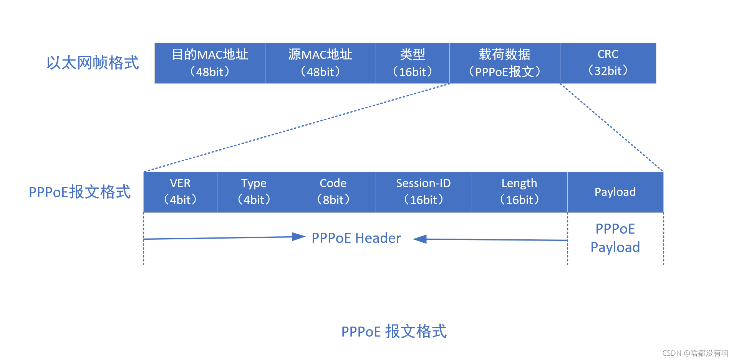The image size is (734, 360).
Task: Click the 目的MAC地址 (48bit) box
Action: pyautogui.click(x=210, y=63)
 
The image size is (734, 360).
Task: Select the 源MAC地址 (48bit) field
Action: pyautogui.click(x=320, y=63)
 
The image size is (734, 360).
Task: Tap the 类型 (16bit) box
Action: pyautogui.click(x=413, y=63)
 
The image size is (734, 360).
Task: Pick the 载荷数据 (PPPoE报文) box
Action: pyautogui.click(x=505, y=63)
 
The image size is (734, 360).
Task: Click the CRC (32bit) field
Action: pyautogui.click(x=608, y=63)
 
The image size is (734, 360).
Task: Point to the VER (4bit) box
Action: pyautogui.click(x=180, y=192)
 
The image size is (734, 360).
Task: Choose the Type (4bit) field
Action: pyautogui.click(x=254, y=192)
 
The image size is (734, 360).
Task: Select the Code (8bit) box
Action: pyautogui.click(x=333, y=192)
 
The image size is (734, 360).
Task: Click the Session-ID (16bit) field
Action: pyautogui.click(x=423, y=192)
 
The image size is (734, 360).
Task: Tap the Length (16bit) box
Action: pyautogui.click(x=519, y=192)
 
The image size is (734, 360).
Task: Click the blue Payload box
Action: pyautogui.click(x=615, y=192)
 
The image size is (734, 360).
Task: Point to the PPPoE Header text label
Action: pyautogui.click(x=356, y=238)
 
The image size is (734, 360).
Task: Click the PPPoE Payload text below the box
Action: pyautogui.click(x=615, y=238)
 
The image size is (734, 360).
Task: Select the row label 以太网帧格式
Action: pyautogui.click(x=93, y=63)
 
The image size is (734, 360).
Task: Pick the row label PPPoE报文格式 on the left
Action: pyautogui.click(x=80, y=192)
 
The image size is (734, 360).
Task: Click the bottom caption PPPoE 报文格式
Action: pyautogui.click(x=394, y=331)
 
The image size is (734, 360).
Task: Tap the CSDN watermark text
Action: pyautogui.click(x=695, y=353)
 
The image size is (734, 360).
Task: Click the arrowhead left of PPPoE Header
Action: pyautogui.click(x=299, y=237)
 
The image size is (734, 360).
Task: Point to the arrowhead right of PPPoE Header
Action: pyautogui.click(x=420, y=239)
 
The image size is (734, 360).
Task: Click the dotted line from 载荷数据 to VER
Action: pyautogui.click(x=297, y=127)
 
